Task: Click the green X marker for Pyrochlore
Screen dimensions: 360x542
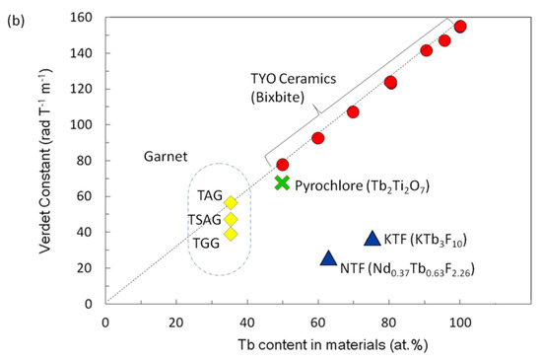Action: click(x=283, y=182)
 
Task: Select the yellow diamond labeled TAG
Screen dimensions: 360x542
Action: click(x=231, y=202)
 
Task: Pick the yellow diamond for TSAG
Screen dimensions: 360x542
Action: click(x=231, y=219)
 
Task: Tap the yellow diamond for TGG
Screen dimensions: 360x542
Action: click(x=231, y=234)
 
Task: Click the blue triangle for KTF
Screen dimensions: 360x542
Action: click(x=372, y=239)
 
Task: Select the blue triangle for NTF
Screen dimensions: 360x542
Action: click(x=328, y=258)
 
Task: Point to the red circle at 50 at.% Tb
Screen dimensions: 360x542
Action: click(x=283, y=165)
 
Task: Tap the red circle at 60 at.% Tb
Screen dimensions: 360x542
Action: click(x=317, y=138)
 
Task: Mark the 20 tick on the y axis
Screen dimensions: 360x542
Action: click(x=88, y=267)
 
